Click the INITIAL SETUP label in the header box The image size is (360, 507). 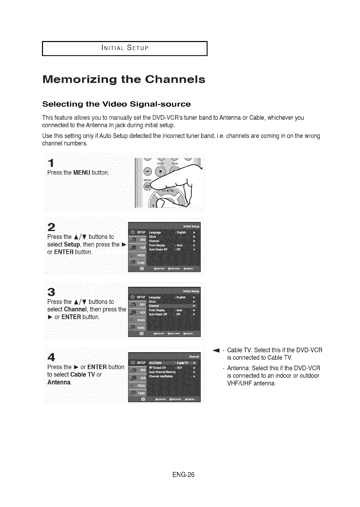[x=125, y=48]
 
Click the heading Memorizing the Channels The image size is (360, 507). [x=124, y=80]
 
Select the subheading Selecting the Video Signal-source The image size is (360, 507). [x=116, y=104]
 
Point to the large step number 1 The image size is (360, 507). [x=51, y=163]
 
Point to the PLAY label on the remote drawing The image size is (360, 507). [x=175, y=164]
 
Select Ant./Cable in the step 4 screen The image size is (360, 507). [x=155, y=363]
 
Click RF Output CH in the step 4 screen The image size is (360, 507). [x=157, y=368]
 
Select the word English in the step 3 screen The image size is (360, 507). [x=182, y=297]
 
